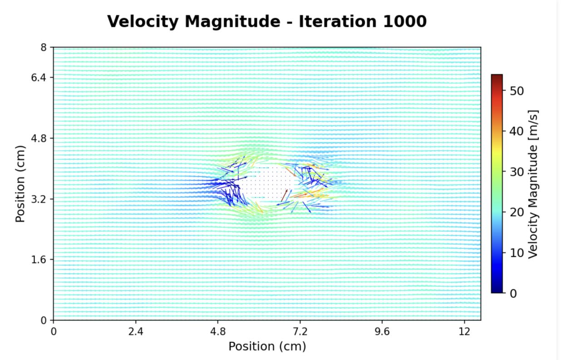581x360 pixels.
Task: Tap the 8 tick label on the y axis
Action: click(44, 47)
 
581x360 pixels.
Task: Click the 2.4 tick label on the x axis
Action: click(136, 331)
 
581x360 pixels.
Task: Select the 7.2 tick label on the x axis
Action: click(300, 331)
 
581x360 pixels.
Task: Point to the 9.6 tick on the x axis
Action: click(382, 331)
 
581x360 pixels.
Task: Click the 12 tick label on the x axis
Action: click(464, 331)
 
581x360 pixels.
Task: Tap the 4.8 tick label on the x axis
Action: click(218, 331)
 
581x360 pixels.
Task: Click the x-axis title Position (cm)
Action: click(267, 346)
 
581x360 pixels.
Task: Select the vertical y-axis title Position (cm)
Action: click(20, 183)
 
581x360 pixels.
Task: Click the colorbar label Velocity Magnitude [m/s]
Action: click(533, 183)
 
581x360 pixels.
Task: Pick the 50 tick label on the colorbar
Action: click(517, 91)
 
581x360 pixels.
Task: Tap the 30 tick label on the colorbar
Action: click(517, 172)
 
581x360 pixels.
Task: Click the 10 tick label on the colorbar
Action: click(517, 253)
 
